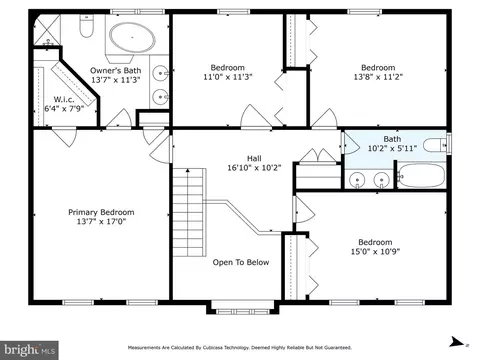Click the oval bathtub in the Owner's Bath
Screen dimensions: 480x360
click(x=133, y=37)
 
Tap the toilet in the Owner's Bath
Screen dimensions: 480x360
click(x=87, y=26)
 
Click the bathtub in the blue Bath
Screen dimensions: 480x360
click(x=421, y=175)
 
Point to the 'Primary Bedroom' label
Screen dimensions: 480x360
click(x=101, y=212)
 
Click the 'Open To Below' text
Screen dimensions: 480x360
click(x=241, y=262)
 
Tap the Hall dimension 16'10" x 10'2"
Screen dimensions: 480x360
click(x=254, y=168)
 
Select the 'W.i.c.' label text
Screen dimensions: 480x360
click(x=64, y=99)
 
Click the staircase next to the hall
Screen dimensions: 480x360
click(x=188, y=212)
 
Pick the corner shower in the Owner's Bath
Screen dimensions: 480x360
click(x=47, y=30)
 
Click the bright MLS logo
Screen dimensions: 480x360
click(x=29, y=350)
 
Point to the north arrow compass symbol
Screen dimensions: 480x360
click(x=456, y=342)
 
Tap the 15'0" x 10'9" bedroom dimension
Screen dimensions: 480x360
click(x=375, y=251)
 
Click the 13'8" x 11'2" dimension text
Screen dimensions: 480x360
click(x=378, y=77)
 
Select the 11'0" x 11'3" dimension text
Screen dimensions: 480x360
click(x=228, y=77)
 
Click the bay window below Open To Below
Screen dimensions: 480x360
click(x=242, y=308)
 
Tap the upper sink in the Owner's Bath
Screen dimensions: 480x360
click(x=160, y=73)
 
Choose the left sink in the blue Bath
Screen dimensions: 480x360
click(x=357, y=180)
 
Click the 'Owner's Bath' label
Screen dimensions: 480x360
click(x=116, y=70)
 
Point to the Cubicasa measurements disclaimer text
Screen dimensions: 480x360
click(x=240, y=348)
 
